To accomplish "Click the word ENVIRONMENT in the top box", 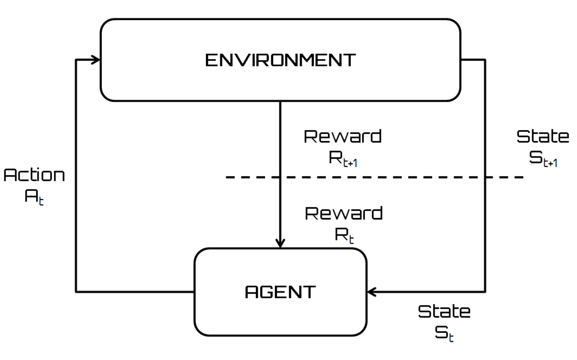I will point(280,60).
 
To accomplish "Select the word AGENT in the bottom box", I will point(280,292).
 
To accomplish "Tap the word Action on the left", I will point(34,175).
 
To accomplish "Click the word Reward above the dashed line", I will point(343,136).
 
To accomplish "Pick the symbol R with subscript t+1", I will point(343,158).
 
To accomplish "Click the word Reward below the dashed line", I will point(344,213).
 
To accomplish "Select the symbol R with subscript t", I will point(344,235).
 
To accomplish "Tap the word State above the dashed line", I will point(543,136).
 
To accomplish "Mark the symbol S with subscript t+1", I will point(543,158).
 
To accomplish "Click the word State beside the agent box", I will point(444,311).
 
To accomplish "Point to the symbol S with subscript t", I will point(444,333).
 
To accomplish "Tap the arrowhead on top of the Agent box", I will point(280,244).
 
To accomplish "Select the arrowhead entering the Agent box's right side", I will point(372,292).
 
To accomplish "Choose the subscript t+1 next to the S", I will point(550,162).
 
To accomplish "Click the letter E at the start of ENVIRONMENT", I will point(211,60).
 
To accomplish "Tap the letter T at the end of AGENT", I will point(309,292).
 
